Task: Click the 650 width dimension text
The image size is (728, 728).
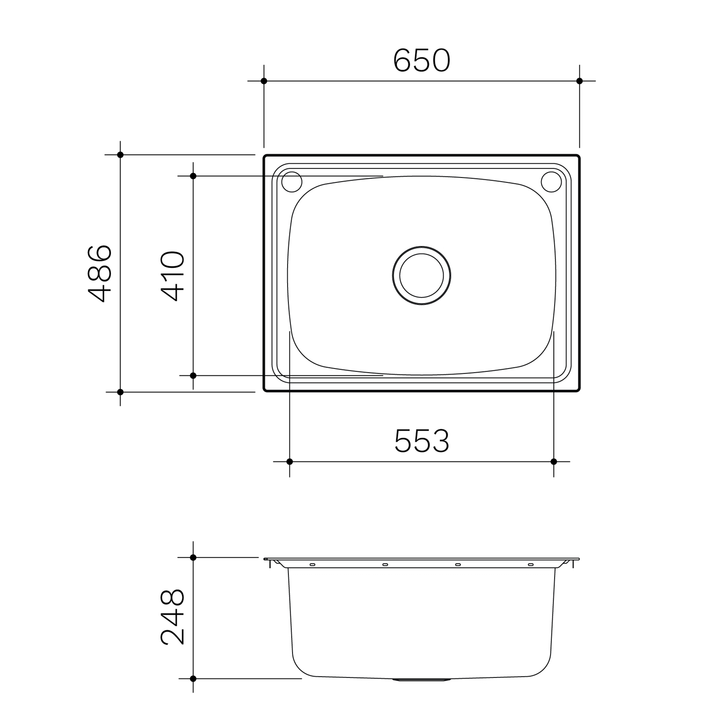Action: (421, 61)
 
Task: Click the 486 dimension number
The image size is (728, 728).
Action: (100, 273)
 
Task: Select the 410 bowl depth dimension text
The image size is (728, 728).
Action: (173, 276)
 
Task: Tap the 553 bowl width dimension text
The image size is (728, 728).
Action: (421, 441)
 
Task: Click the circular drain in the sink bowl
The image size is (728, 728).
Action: (421, 276)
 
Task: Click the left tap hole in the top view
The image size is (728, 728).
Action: (292, 182)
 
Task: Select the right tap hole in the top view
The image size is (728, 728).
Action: (551, 182)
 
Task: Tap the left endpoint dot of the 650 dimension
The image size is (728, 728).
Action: (264, 81)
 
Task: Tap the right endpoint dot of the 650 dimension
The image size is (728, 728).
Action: (579, 81)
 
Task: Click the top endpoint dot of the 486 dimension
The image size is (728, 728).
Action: (120, 155)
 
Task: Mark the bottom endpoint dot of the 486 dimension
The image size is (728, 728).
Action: (120, 392)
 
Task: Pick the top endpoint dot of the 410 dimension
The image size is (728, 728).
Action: (193, 176)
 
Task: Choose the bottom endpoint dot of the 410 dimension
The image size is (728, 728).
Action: (193, 375)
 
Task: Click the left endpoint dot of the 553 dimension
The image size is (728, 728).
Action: (290, 461)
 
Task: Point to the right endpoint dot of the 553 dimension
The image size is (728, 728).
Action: (554, 461)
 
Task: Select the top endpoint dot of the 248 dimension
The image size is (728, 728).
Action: (193, 557)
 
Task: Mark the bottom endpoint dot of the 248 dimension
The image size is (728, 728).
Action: (193, 678)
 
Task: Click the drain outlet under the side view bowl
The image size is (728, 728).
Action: (421, 680)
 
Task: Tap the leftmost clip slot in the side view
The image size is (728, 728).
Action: (312, 565)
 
